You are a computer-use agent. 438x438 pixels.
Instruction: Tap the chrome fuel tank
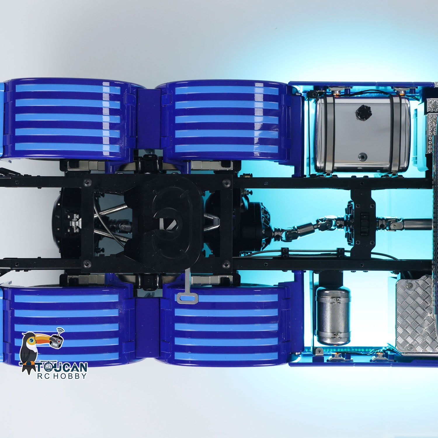[362, 134]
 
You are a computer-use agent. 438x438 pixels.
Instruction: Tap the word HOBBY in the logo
[71, 376]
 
